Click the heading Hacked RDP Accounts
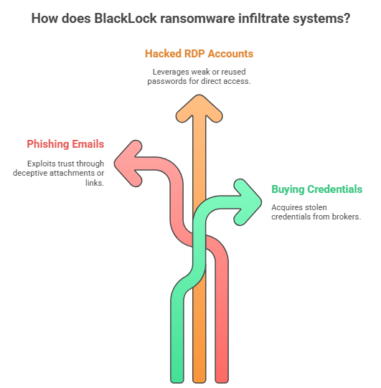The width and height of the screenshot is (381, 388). click(199, 54)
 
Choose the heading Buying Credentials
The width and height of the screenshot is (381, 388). click(316, 189)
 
